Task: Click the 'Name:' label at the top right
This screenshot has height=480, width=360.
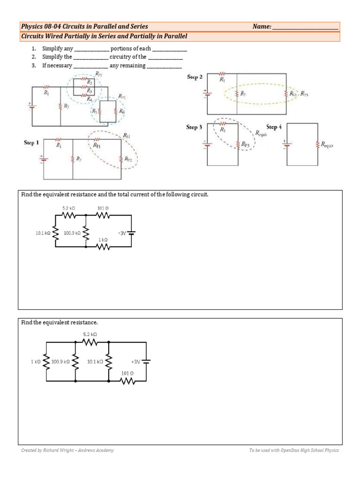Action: click(262, 27)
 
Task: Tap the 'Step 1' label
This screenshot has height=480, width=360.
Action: click(31, 142)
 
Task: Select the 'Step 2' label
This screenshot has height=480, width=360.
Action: click(194, 77)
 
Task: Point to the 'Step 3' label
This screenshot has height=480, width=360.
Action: click(194, 127)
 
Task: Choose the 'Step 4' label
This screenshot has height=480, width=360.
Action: click(274, 127)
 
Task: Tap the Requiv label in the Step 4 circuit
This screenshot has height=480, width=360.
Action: click(327, 145)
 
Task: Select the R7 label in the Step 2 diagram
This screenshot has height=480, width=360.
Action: click(243, 94)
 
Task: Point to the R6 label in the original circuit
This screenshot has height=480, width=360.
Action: click(121, 112)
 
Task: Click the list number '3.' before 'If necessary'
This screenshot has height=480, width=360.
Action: click(34, 66)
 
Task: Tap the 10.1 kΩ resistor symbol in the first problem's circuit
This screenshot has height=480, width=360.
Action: click(56, 232)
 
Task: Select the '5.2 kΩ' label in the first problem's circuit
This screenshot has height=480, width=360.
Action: click(69, 207)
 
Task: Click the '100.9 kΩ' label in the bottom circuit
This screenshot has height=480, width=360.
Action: click(61, 362)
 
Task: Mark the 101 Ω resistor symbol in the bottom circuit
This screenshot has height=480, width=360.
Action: click(127, 381)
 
